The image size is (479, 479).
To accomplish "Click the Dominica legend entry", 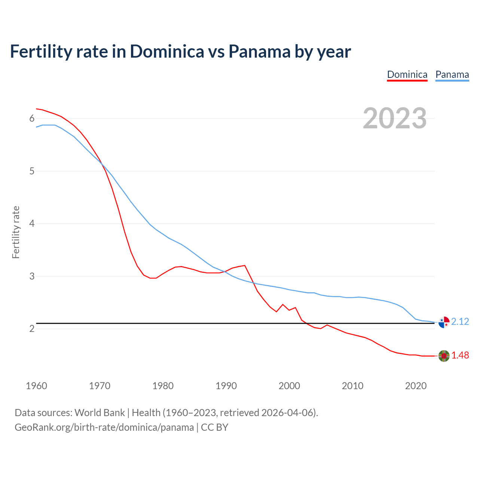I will [x=407, y=74].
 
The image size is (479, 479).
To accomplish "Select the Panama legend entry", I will [x=452, y=74].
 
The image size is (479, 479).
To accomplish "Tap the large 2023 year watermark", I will [x=395, y=119].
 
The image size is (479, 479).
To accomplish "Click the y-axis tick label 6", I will [x=32, y=119].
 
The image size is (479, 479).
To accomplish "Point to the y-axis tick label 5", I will [x=32, y=171].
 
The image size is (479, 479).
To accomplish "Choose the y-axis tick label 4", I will [x=32, y=224].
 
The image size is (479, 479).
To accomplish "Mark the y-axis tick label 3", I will [x=32, y=277].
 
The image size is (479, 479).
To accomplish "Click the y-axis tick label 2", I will [x=32, y=329].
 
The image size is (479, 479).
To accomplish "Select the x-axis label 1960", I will [x=36, y=386].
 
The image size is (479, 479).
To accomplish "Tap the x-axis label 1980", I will [x=163, y=386].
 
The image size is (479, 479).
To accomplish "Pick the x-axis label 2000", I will [x=289, y=386].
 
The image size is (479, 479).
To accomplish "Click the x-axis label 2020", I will [x=416, y=386].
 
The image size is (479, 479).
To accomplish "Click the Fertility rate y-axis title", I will [x=16, y=232].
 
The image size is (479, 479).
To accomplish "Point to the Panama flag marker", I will [x=444, y=322].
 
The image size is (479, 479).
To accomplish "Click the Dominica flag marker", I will [x=444, y=356].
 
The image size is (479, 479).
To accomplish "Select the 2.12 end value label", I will [x=460, y=322].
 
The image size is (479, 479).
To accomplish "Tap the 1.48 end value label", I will [x=460, y=356].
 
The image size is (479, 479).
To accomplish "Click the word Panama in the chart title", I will [x=259, y=52].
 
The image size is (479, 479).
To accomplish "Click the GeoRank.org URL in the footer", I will [x=104, y=427].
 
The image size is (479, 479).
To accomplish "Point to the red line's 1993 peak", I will [x=245, y=265].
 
